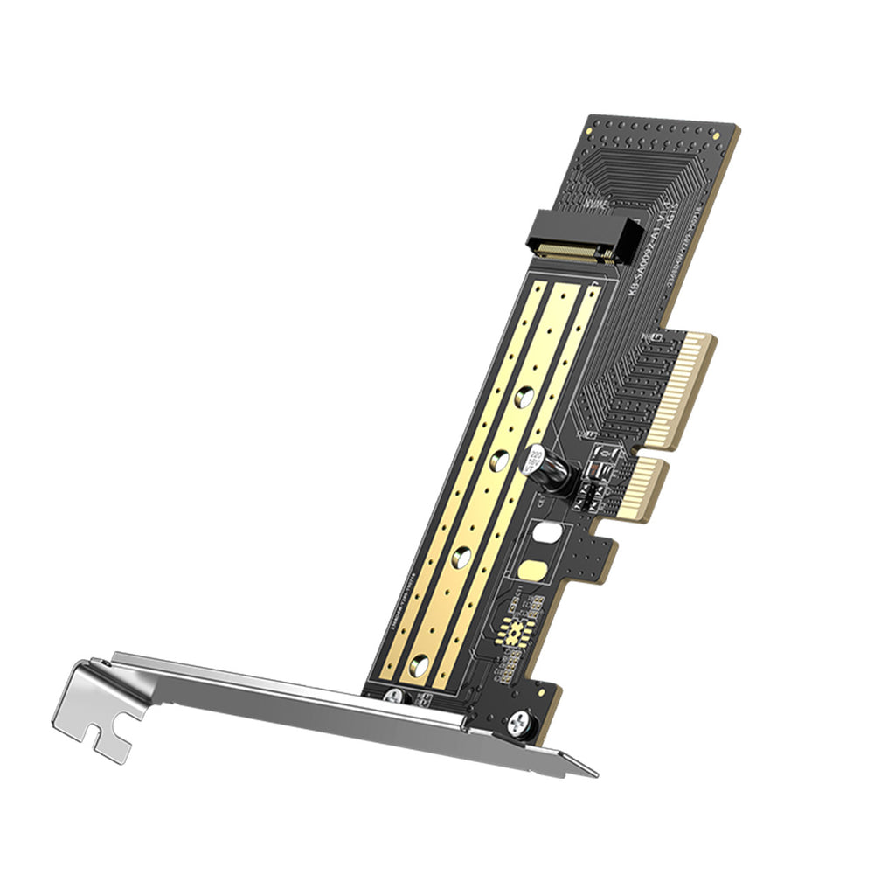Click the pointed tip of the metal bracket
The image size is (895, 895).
[595, 774]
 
